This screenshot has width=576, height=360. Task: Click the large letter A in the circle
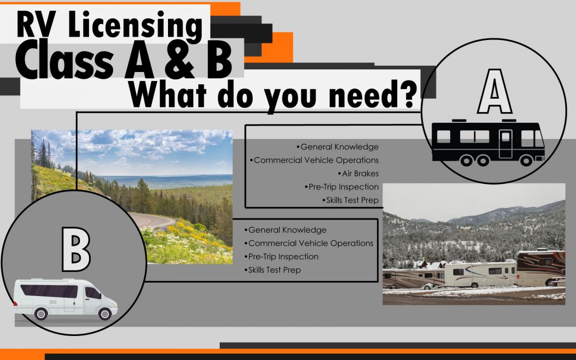(494, 92)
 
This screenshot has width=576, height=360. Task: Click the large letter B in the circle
(76, 249)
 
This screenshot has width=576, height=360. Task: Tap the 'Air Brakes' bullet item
(358, 173)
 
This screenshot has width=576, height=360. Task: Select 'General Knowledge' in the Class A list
(338, 147)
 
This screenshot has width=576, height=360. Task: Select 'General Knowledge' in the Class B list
(285, 229)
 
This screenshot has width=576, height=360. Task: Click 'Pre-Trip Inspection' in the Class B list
(282, 257)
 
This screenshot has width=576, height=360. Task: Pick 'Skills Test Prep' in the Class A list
(350, 200)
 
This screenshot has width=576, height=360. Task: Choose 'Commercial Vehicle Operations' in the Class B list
(309, 243)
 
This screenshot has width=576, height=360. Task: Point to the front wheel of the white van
(105, 314)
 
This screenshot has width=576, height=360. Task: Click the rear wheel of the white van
(41, 314)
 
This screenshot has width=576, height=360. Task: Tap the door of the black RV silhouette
(506, 143)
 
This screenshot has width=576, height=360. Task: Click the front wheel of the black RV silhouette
(526, 160)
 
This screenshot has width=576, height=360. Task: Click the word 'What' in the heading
(167, 94)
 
